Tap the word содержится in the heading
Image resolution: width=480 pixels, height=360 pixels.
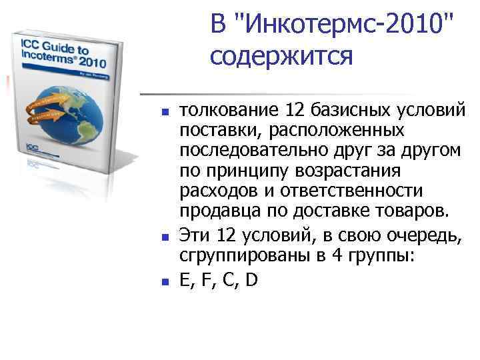(x=281, y=57)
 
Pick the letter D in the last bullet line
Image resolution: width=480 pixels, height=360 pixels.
(x=251, y=281)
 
